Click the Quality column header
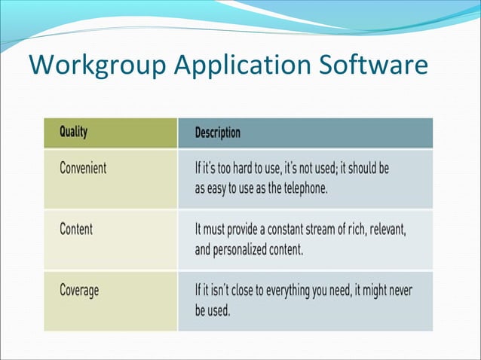click(x=74, y=133)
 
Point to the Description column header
click(x=218, y=133)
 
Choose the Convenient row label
click(x=83, y=168)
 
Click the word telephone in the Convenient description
click(x=301, y=188)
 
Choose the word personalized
click(x=247, y=249)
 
